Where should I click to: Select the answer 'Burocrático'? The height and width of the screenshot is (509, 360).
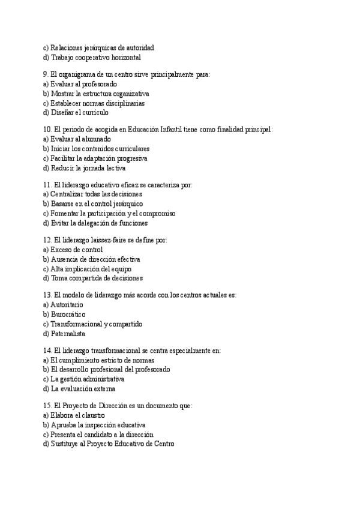(x=68, y=315)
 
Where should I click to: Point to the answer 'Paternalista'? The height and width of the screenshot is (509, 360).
(x=68, y=334)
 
